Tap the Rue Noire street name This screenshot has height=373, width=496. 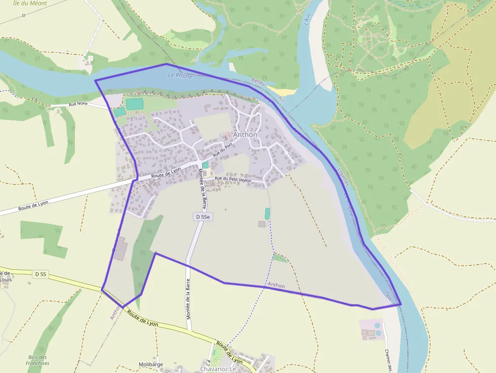pyautogui.click(x=79, y=104)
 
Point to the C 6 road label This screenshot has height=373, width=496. pyautogui.click(x=35, y=99)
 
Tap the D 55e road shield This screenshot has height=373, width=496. pyautogui.click(x=202, y=217)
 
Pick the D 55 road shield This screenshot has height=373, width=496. pyautogui.click(x=41, y=274)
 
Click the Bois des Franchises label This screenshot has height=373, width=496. pyautogui.click(x=38, y=360)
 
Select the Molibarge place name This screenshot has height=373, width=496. pyautogui.click(x=151, y=364)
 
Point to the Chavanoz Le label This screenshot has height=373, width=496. pyautogui.click(x=219, y=368)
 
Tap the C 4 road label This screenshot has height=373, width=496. pyautogui.click(x=208, y=363)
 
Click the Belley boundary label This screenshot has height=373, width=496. pyautogui.click(x=258, y=81)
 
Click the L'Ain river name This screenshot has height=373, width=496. pyautogui.click(x=306, y=19)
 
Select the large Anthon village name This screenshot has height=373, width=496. pyautogui.click(x=245, y=135)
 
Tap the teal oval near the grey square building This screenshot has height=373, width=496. pyautogui.click(x=267, y=214)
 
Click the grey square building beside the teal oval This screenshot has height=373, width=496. pyautogui.click(x=262, y=224)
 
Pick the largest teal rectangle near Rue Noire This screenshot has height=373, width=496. pyautogui.click(x=135, y=104)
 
